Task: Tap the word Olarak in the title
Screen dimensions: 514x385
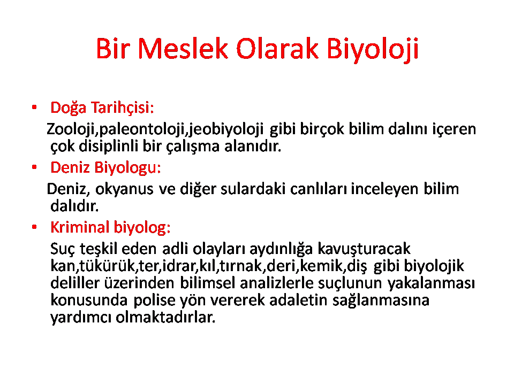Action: tap(277, 49)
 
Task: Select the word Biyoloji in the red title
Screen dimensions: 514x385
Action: tap(373, 49)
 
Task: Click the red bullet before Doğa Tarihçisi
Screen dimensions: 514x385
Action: tap(34, 107)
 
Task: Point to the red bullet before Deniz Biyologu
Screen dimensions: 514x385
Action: tap(34, 167)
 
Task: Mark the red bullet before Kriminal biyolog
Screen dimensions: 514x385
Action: tap(34, 227)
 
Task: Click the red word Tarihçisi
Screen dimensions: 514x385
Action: tap(122, 107)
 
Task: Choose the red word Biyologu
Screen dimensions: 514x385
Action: tap(127, 168)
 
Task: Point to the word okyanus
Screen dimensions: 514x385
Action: tap(124, 189)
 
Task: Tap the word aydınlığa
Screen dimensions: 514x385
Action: tap(281, 249)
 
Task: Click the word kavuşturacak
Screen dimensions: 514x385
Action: tap(364, 249)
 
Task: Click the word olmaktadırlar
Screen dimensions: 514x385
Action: tap(165, 317)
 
